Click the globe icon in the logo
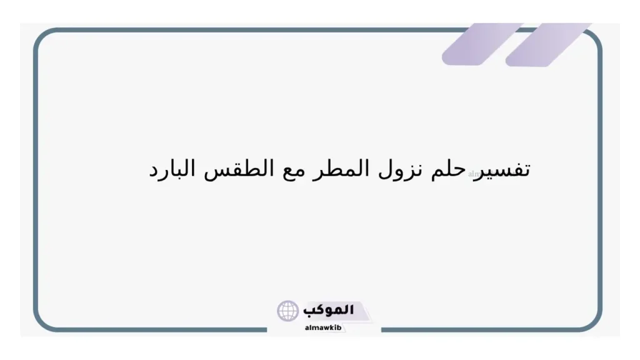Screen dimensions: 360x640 pos(288,311)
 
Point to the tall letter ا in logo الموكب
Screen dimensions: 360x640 pos(351,309)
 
